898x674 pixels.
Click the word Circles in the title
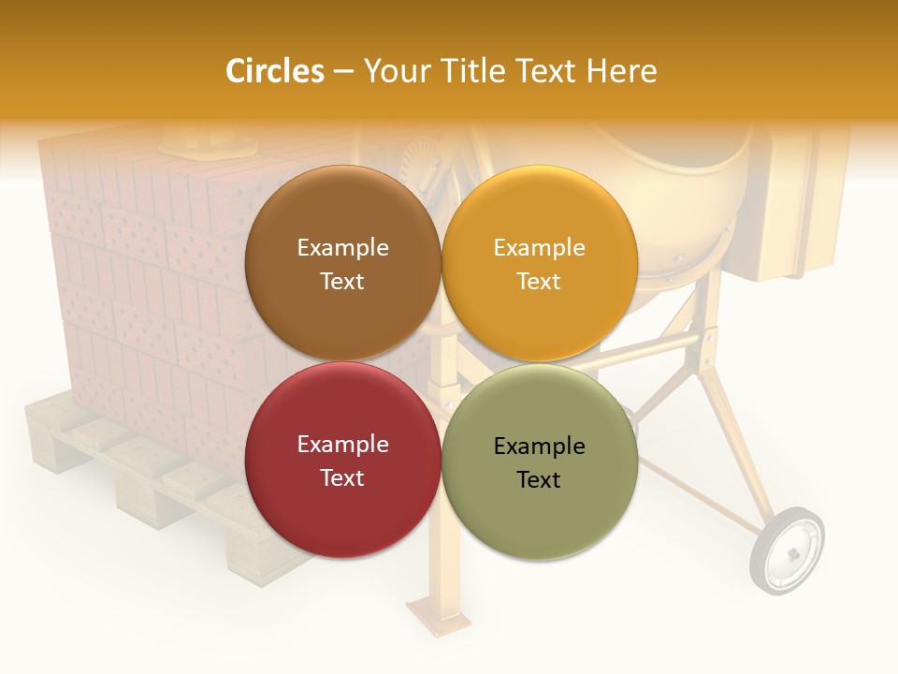point(275,71)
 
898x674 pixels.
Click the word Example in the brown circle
point(342,247)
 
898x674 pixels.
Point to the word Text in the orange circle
point(539,281)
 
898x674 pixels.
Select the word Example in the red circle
point(342,444)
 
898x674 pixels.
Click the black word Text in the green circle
point(539,479)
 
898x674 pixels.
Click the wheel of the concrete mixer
point(787,550)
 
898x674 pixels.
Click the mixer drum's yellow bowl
point(683,215)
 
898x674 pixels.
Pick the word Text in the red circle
point(342,477)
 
